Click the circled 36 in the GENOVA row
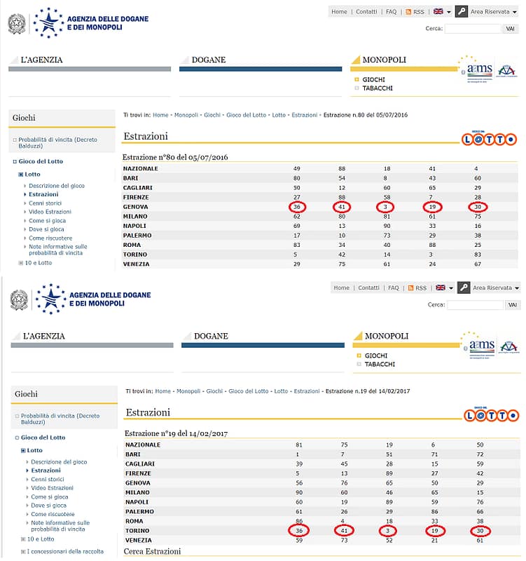click(298, 207)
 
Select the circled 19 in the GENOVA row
click(432, 207)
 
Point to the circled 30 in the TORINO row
click(479, 532)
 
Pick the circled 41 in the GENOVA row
click(342, 207)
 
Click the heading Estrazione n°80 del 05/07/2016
click(175, 157)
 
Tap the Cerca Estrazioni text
click(153, 551)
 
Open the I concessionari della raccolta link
click(64, 551)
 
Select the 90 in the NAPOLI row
click(387, 227)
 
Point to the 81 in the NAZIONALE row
click(299, 445)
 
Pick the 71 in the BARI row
click(434, 454)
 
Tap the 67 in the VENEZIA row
click(476, 264)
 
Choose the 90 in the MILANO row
click(299, 493)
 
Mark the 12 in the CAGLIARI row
click(342, 188)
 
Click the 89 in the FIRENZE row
click(389, 473)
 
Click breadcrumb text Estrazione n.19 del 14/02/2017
click(368, 391)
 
